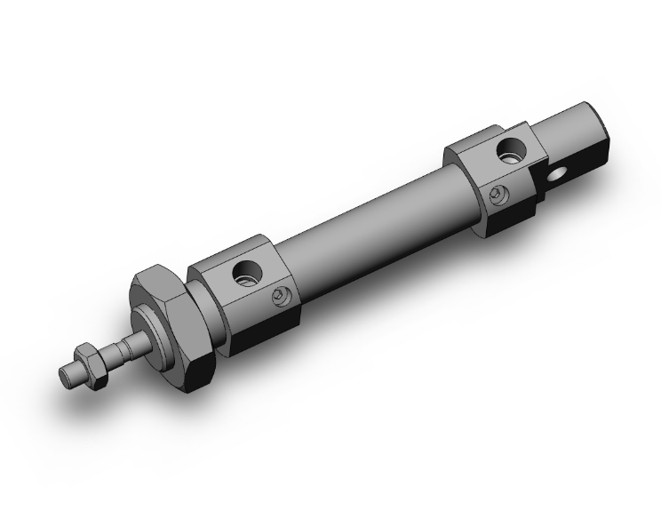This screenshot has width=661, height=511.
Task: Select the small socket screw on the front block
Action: point(283,296)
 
